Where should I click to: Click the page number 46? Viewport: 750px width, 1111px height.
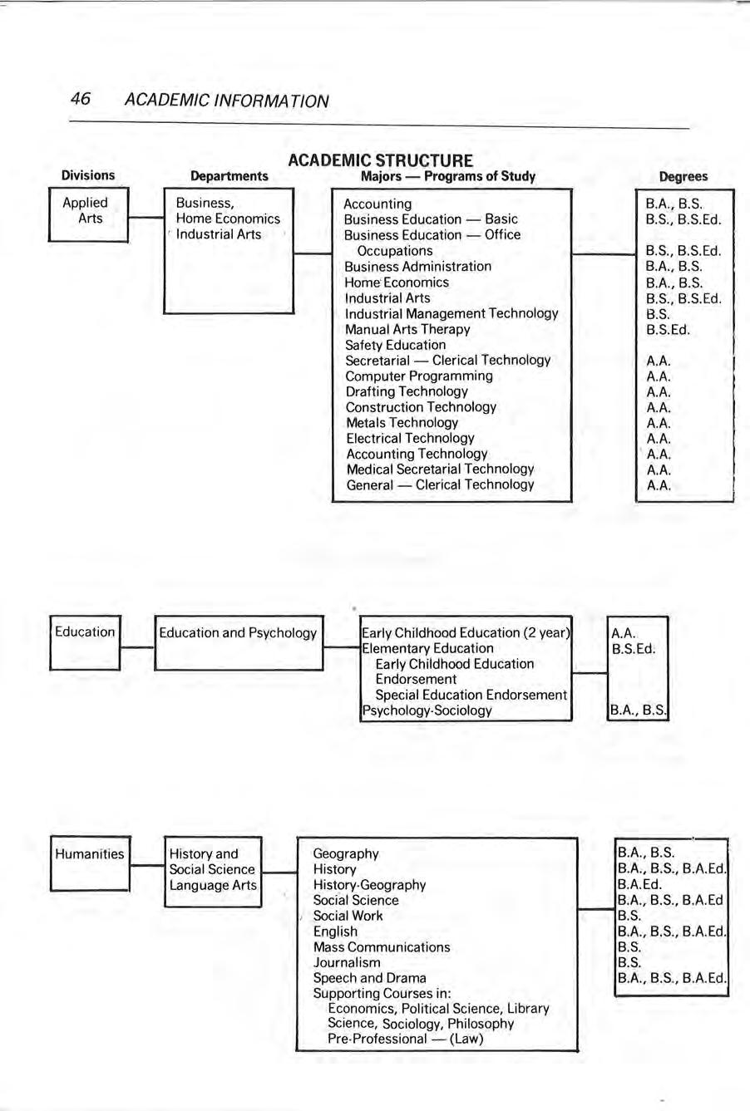tap(81, 100)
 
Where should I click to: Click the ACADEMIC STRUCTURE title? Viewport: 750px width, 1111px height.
tap(380, 160)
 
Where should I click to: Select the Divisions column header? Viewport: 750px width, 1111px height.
tap(88, 175)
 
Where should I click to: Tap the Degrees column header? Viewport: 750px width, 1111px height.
tap(683, 176)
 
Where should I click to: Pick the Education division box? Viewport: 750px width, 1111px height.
tap(86, 642)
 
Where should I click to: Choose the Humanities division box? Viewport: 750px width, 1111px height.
tap(90, 863)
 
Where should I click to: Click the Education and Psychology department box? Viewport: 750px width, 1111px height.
tap(239, 642)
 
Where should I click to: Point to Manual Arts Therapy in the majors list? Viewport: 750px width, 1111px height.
tap(407, 329)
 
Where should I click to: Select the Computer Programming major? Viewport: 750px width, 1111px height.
tap(419, 376)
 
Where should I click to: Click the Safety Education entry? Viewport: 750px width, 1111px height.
tap(395, 345)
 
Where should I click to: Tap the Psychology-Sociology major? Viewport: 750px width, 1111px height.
tap(427, 710)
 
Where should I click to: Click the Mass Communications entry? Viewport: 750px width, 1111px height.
tap(381, 946)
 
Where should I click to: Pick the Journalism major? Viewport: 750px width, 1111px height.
tap(347, 962)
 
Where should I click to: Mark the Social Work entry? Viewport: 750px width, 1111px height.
tap(348, 916)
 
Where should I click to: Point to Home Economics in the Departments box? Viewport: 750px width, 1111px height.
tap(228, 219)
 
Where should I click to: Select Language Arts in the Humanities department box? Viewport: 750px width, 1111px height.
tap(213, 885)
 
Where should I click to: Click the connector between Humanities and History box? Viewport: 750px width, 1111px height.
tap(147, 866)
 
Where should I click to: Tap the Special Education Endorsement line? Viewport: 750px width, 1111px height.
tap(471, 695)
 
